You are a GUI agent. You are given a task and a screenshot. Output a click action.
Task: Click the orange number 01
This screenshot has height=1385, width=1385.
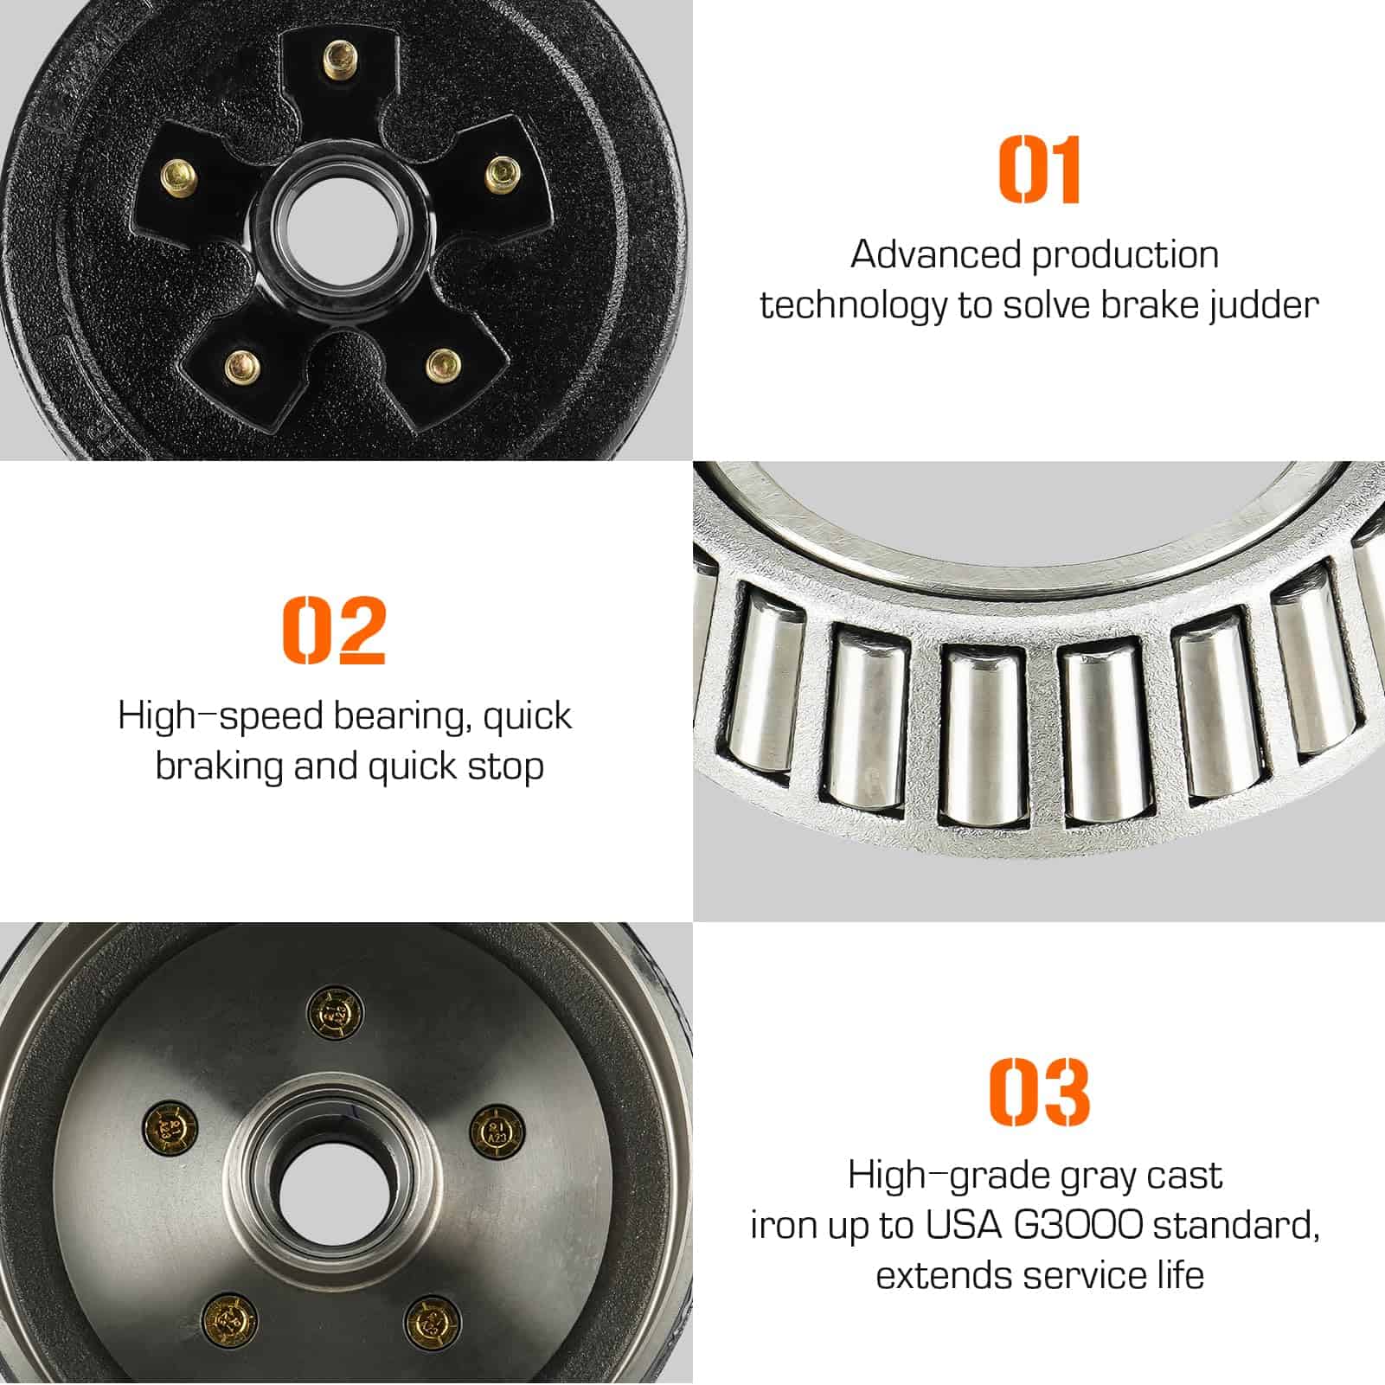pyautogui.click(x=1040, y=170)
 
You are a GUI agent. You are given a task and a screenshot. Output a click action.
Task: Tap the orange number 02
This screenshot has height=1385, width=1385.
pyautogui.click(x=334, y=630)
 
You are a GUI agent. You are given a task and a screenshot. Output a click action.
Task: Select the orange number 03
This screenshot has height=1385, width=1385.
pyautogui.click(x=1039, y=1092)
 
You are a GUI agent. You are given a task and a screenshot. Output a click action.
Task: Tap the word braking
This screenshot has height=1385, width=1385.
pyautogui.click(x=220, y=767)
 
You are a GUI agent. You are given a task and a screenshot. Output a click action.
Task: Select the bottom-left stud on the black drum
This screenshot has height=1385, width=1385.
pyautogui.click(x=241, y=368)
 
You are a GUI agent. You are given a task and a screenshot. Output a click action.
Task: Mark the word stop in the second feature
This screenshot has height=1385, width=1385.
pyautogui.click(x=505, y=767)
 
